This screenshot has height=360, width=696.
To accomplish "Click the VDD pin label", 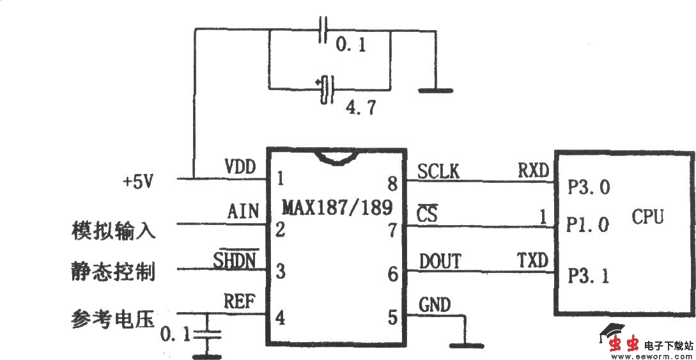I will [x=240, y=168].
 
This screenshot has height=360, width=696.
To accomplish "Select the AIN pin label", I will [x=244, y=212].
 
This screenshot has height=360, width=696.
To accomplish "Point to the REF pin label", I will [x=241, y=301].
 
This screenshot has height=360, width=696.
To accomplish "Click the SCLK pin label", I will [x=438, y=171].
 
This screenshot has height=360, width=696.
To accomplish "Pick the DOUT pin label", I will [x=440, y=261].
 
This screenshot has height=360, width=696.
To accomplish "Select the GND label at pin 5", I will [x=435, y=304].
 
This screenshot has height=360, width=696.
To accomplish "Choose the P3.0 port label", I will [x=589, y=187].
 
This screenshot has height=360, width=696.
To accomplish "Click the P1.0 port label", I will [x=589, y=225].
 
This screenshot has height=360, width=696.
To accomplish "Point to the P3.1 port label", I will [x=589, y=276].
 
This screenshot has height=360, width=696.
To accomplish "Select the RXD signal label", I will [x=533, y=170].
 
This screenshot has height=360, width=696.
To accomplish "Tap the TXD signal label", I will [x=533, y=260].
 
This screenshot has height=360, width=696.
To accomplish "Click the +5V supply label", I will [x=138, y=182].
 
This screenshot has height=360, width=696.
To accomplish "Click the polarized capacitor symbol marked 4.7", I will [x=328, y=88].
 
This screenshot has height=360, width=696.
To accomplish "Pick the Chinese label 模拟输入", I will [x=113, y=230].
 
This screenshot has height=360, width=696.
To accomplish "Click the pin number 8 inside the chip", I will [x=392, y=185].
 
